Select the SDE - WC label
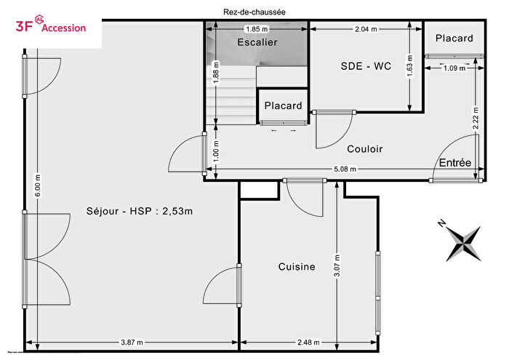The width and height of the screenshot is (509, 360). point(366,66)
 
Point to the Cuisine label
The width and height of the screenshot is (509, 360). point(297,267)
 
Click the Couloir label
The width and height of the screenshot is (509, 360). point(364,149)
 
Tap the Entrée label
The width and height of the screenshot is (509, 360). point(455,162)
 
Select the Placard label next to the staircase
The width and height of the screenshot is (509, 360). point(283,105)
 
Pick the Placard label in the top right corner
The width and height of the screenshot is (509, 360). point(454,39)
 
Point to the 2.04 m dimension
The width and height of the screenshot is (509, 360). point(365,29)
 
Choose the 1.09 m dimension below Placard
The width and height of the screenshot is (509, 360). point(454,68)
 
